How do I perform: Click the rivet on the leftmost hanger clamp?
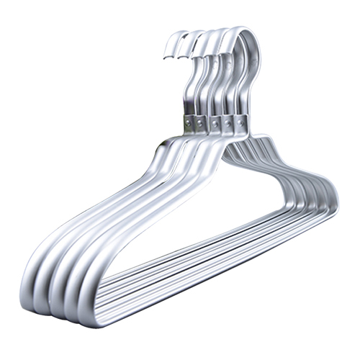[189, 123]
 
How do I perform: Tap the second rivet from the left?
[203, 123]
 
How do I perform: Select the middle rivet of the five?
[215, 124]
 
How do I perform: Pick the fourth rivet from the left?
[228, 124]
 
